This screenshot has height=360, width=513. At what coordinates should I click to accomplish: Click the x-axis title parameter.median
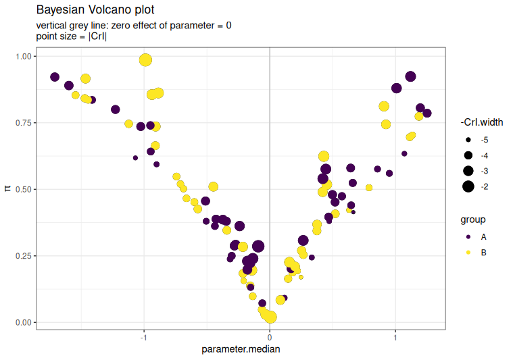[241, 349]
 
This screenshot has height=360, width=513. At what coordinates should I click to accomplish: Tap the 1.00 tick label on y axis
[23, 57]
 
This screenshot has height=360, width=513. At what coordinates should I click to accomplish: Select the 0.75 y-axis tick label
[23, 123]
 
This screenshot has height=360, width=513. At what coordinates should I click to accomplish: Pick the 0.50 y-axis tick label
[23, 189]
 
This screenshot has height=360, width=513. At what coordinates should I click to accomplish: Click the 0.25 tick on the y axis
[23, 255]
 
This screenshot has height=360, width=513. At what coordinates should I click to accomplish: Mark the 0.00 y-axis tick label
[23, 322]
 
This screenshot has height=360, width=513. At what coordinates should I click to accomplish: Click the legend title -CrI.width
[481, 122]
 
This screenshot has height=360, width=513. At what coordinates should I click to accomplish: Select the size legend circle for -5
[468, 140]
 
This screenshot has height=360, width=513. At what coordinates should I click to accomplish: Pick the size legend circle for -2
[468, 186]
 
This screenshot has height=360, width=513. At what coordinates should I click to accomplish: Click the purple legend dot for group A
[468, 237]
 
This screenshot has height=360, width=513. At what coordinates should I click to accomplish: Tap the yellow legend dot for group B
[468, 253]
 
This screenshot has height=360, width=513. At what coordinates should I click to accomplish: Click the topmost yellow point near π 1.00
[145, 60]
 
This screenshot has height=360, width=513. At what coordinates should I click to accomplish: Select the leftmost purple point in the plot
[55, 77]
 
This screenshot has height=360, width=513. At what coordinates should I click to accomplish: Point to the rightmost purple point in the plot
[426, 113]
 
